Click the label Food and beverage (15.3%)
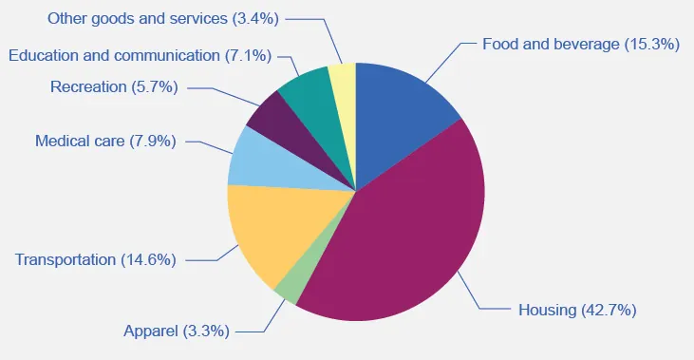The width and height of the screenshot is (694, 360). coord(581,44)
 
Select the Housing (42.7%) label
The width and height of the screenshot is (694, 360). coord(577,310)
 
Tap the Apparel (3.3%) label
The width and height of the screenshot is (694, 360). coord(178,332)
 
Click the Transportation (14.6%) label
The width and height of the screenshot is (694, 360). coord(96,259)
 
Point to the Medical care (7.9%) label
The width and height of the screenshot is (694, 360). coord(105,142)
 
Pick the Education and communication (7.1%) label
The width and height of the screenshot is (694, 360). coord(139,55)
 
